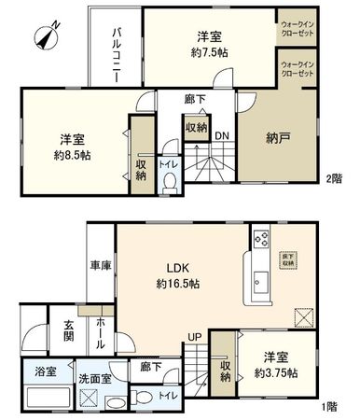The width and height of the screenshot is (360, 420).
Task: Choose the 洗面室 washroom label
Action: pyautogui.click(x=89, y=381)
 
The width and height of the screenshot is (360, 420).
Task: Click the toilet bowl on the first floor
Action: pyautogui.click(x=139, y=397)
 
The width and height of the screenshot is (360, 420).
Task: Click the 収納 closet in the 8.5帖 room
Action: pyautogui.click(x=140, y=169)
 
